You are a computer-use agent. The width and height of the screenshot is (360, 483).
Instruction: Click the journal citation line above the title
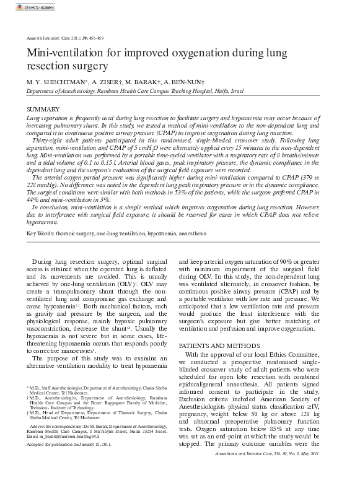[x=60, y=38]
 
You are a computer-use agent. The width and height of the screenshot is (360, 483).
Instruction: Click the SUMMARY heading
[x=38, y=109]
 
